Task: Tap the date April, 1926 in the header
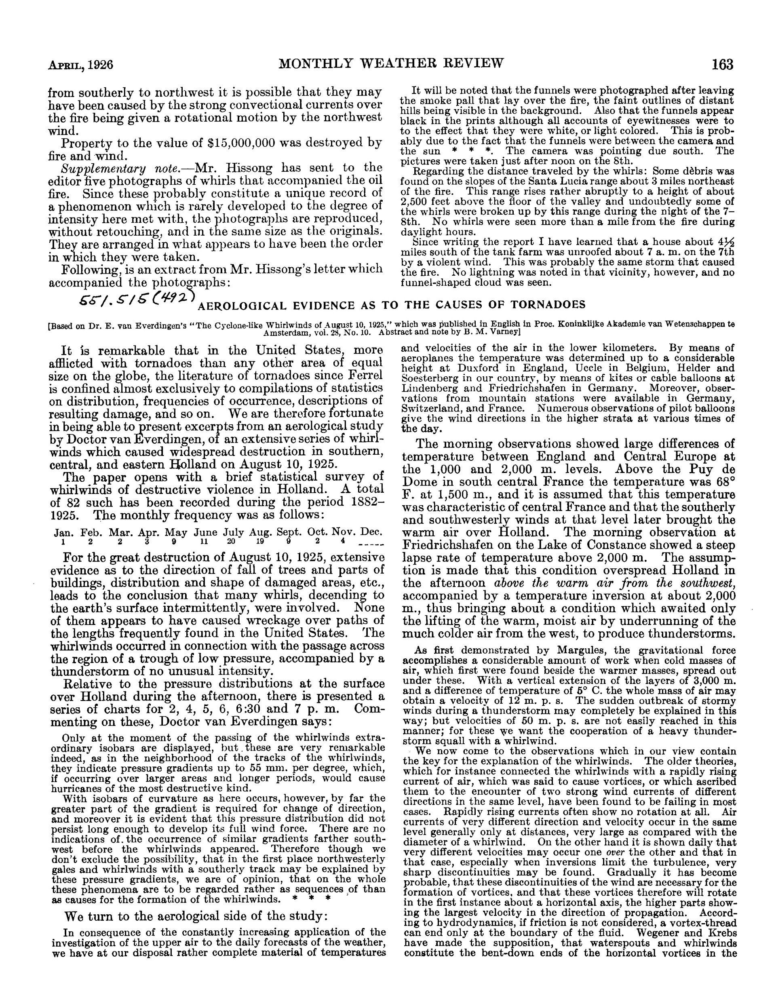81,65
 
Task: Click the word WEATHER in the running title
406,63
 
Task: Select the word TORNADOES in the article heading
552,305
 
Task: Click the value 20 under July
231,542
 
